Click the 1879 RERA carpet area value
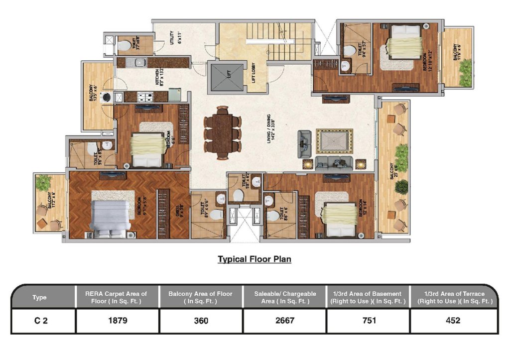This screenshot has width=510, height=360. coord(118,321)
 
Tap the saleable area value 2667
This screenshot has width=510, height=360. coord(284,321)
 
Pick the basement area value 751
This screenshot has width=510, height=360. coord(368,321)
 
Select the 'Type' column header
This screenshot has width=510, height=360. coord(39,297)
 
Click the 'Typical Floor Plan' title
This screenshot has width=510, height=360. coord(254,259)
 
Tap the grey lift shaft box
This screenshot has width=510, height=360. coord(228,77)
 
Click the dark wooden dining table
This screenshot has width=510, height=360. coord(222,132)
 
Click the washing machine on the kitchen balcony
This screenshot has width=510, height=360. coord(106,98)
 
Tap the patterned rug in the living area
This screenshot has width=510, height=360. coord(334,141)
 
